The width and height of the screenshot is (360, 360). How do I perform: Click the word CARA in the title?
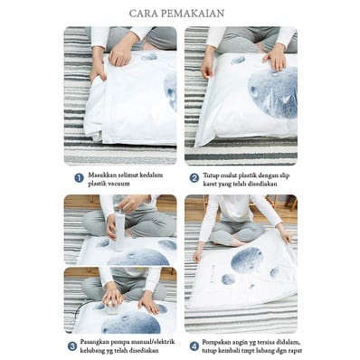click(x=142, y=14)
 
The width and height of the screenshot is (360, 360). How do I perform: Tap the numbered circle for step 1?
click(x=79, y=178)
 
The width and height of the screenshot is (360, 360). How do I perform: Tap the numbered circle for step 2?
click(x=194, y=178)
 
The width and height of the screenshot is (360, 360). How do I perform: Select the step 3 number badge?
click(x=71, y=346)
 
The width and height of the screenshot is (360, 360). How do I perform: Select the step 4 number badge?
click(x=194, y=346)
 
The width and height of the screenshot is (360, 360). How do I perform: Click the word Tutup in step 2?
click(x=210, y=175)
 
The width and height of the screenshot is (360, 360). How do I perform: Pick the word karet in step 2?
click(x=210, y=184)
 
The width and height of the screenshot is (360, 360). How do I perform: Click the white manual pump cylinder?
click(x=118, y=232)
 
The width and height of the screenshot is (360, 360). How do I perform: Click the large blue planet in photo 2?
click(x=273, y=92)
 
